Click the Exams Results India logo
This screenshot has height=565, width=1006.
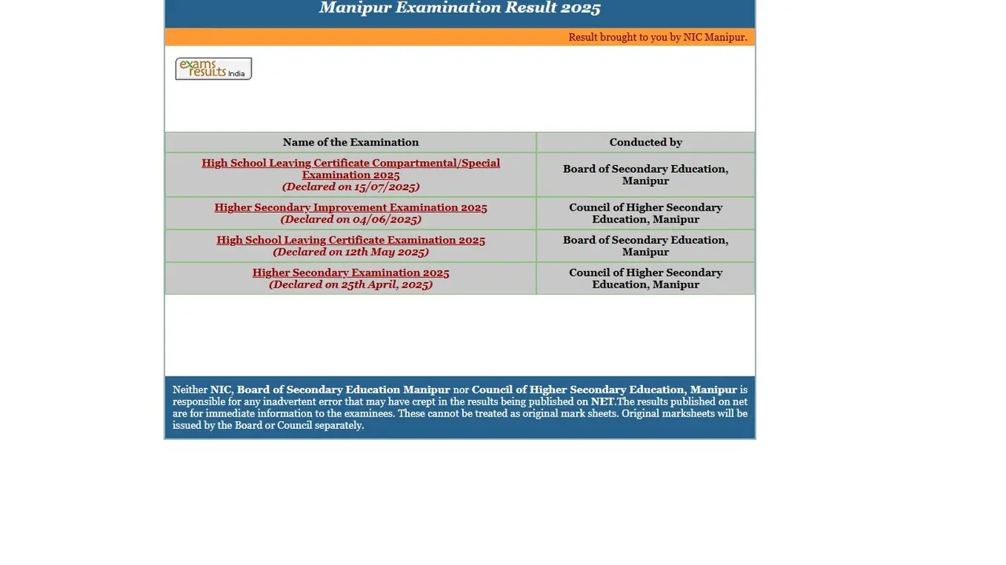pyautogui.click(x=213, y=69)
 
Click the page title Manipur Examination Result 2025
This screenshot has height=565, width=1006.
pyautogui.click(x=460, y=9)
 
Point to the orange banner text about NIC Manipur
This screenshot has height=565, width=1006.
pyautogui.click(x=657, y=37)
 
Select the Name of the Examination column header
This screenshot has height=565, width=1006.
pyautogui.click(x=351, y=142)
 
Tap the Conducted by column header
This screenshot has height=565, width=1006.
pyautogui.click(x=645, y=142)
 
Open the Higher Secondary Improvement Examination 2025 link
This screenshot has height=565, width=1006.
pyautogui.click(x=351, y=207)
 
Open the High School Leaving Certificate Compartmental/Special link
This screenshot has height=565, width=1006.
pyautogui.click(x=351, y=163)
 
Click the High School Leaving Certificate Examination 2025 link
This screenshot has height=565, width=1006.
pyautogui.click(x=351, y=240)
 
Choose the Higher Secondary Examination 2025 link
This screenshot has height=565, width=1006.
pyautogui.click(x=351, y=273)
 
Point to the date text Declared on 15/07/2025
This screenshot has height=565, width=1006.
pyautogui.click(x=351, y=187)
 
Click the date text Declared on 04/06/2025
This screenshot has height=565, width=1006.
pyautogui.click(x=351, y=219)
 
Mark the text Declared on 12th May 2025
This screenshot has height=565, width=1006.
pyautogui.click(x=351, y=252)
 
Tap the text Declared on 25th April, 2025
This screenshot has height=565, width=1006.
pyautogui.click(x=351, y=284)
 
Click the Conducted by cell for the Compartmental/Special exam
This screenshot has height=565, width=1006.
pyautogui.click(x=645, y=174)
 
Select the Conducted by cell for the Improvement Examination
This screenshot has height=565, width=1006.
pyautogui.click(x=645, y=213)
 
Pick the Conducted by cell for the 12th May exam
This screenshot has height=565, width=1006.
pyautogui.click(x=645, y=246)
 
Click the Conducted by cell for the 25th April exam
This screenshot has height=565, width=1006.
pyautogui.click(x=645, y=278)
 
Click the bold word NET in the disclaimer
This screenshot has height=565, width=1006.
pyautogui.click(x=603, y=402)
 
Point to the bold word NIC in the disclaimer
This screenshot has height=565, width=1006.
pyautogui.click(x=220, y=390)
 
